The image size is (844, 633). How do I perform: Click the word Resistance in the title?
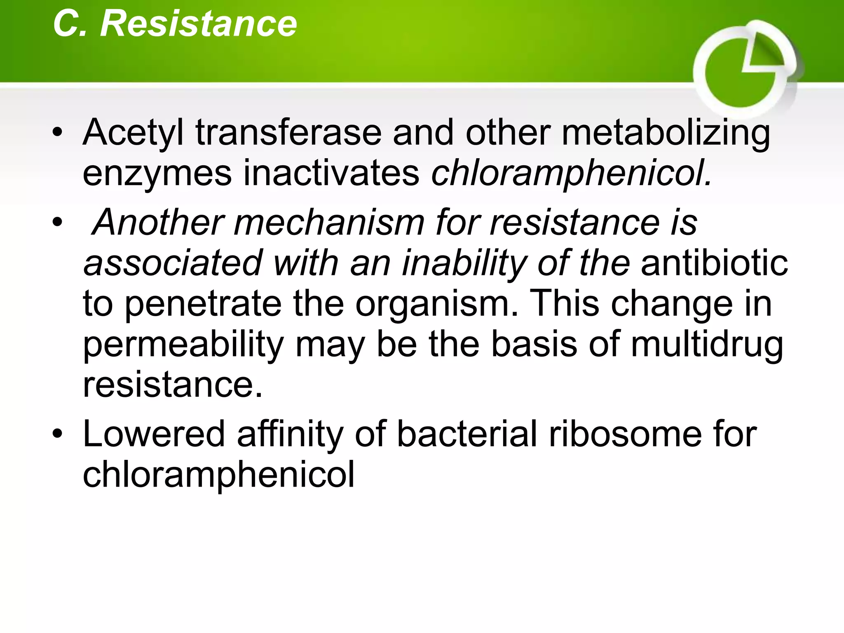point(198,23)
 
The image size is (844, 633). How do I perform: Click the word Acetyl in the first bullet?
point(133,133)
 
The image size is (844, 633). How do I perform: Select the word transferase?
point(288,133)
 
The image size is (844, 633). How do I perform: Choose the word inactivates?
point(331,173)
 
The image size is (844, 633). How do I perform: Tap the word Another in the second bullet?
point(159,223)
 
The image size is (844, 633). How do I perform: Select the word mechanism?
point(329,223)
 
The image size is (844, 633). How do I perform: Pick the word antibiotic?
point(714,263)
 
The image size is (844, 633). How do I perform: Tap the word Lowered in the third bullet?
point(154,434)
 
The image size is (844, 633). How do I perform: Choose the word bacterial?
point(467,434)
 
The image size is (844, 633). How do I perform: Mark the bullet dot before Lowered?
point(57,434)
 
